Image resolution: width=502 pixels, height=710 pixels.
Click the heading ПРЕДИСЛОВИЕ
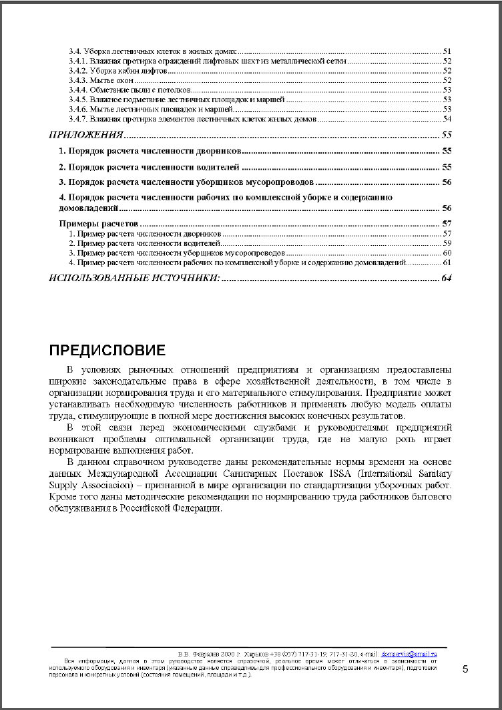point(107,350)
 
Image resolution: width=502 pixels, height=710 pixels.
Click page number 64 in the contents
point(447,278)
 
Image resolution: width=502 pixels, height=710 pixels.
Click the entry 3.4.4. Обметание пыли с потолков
point(130,90)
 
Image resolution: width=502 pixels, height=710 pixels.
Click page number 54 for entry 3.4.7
point(447,119)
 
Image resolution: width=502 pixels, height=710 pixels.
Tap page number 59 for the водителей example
point(447,243)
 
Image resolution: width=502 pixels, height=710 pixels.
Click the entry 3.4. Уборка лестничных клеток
point(154,51)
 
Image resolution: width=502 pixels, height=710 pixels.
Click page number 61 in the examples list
point(447,262)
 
